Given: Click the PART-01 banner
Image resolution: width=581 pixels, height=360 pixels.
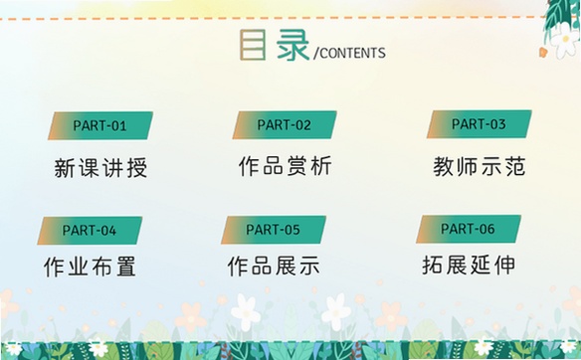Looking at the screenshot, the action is click(x=100, y=126).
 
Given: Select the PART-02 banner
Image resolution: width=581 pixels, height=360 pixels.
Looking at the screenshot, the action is click(x=285, y=125).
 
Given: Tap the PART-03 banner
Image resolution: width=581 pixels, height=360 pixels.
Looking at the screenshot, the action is click(x=480, y=124).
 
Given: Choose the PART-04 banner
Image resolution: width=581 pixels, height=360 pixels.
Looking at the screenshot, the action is click(x=90, y=231).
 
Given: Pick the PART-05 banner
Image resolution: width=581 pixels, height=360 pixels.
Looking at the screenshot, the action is click(x=274, y=230).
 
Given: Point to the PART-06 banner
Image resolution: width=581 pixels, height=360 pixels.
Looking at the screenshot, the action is click(x=469, y=229).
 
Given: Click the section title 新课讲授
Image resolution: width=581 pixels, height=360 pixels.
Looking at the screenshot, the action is click(x=100, y=168).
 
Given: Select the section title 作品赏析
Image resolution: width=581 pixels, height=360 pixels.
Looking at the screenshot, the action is click(x=285, y=165).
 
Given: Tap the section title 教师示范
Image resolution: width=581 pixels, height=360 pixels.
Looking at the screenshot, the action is click(x=480, y=166).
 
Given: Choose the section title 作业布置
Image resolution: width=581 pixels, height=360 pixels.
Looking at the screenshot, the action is click(x=90, y=267).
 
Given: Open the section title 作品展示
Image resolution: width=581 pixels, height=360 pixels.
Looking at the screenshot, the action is click(x=274, y=266).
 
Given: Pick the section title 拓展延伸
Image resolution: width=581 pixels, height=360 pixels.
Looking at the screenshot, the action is click(x=469, y=265).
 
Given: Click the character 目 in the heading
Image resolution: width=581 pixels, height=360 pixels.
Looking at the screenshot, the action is click(x=253, y=45).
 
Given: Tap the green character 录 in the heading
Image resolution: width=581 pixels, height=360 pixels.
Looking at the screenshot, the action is click(x=292, y=45).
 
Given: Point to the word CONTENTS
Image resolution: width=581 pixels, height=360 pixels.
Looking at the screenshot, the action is click(x=352, y=53).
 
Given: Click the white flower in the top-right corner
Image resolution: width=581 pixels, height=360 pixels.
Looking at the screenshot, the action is click(x=565, y=41).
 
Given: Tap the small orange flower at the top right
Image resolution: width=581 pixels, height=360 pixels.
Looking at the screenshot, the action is click(x=543, y=52).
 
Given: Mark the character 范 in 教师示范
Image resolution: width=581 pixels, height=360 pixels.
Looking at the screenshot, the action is click(x=515, y=166).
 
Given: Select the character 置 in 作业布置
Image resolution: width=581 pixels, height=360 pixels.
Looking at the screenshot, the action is click(x=126, y=267).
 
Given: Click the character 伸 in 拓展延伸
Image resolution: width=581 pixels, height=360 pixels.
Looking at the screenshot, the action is click(x=505, y=265).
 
